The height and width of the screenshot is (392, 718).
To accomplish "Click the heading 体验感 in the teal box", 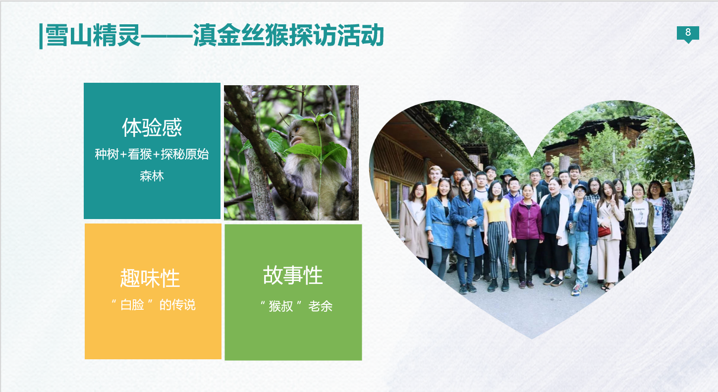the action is tap(152, 127).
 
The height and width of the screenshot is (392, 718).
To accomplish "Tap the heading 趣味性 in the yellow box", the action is tap(150, 278).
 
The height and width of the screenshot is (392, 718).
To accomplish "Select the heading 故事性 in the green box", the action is tap(293, 276).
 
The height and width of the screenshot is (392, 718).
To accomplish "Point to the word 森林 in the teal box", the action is tap(152, 176).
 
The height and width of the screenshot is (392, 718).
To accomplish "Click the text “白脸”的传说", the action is tap(153, 304).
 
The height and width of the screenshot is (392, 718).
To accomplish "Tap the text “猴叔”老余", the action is tap(296, 306).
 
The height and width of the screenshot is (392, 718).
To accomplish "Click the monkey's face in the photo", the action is tap(296, 135).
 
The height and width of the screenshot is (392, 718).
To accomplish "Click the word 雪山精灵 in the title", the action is tap(93, 35).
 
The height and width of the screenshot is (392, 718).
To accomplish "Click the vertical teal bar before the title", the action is tap(41, 36).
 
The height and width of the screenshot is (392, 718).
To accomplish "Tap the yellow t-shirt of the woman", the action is tap(496, 210).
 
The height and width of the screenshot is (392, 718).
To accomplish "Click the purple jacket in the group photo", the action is tap(527, 220).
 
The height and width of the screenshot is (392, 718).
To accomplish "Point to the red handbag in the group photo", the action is tap(604, 231).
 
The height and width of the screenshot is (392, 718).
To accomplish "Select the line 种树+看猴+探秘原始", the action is tap(152, 154).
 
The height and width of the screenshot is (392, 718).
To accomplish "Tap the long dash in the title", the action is tap(166, 36).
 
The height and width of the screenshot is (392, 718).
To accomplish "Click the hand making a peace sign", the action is tap(613, 200).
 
